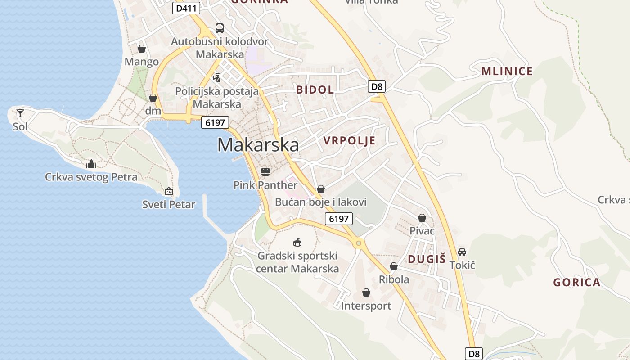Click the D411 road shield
pos(186,8)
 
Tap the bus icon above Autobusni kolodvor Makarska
pos(220,28)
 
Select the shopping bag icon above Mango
pos(142,49)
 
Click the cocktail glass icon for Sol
pos(20,113)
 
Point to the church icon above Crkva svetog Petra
pos(91,164)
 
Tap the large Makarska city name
pos(258,145)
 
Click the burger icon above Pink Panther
pos(265,171)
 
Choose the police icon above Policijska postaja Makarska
pos(217,77)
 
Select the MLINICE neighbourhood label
pos(507,71)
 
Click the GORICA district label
pos(576,283)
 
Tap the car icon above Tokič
pos(462,252)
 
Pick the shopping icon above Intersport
pos(366,293)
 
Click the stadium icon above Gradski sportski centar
pos(297,243)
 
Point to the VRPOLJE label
pos(349,141)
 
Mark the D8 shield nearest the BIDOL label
pos(377,86)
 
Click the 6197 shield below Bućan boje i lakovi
pos(339,219)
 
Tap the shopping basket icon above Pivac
pos(422,218)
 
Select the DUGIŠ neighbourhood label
pos(427,259)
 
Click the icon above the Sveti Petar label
pos(169,192)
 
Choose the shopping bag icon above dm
pos(153,98)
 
